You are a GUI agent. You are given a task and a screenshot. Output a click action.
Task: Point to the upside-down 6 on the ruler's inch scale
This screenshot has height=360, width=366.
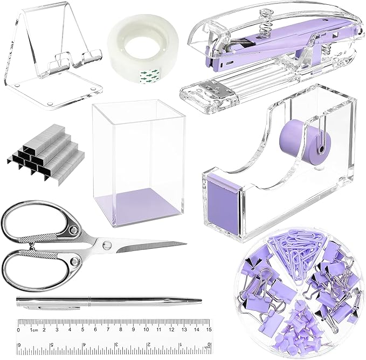pyautogui.click(x=20, y=345)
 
